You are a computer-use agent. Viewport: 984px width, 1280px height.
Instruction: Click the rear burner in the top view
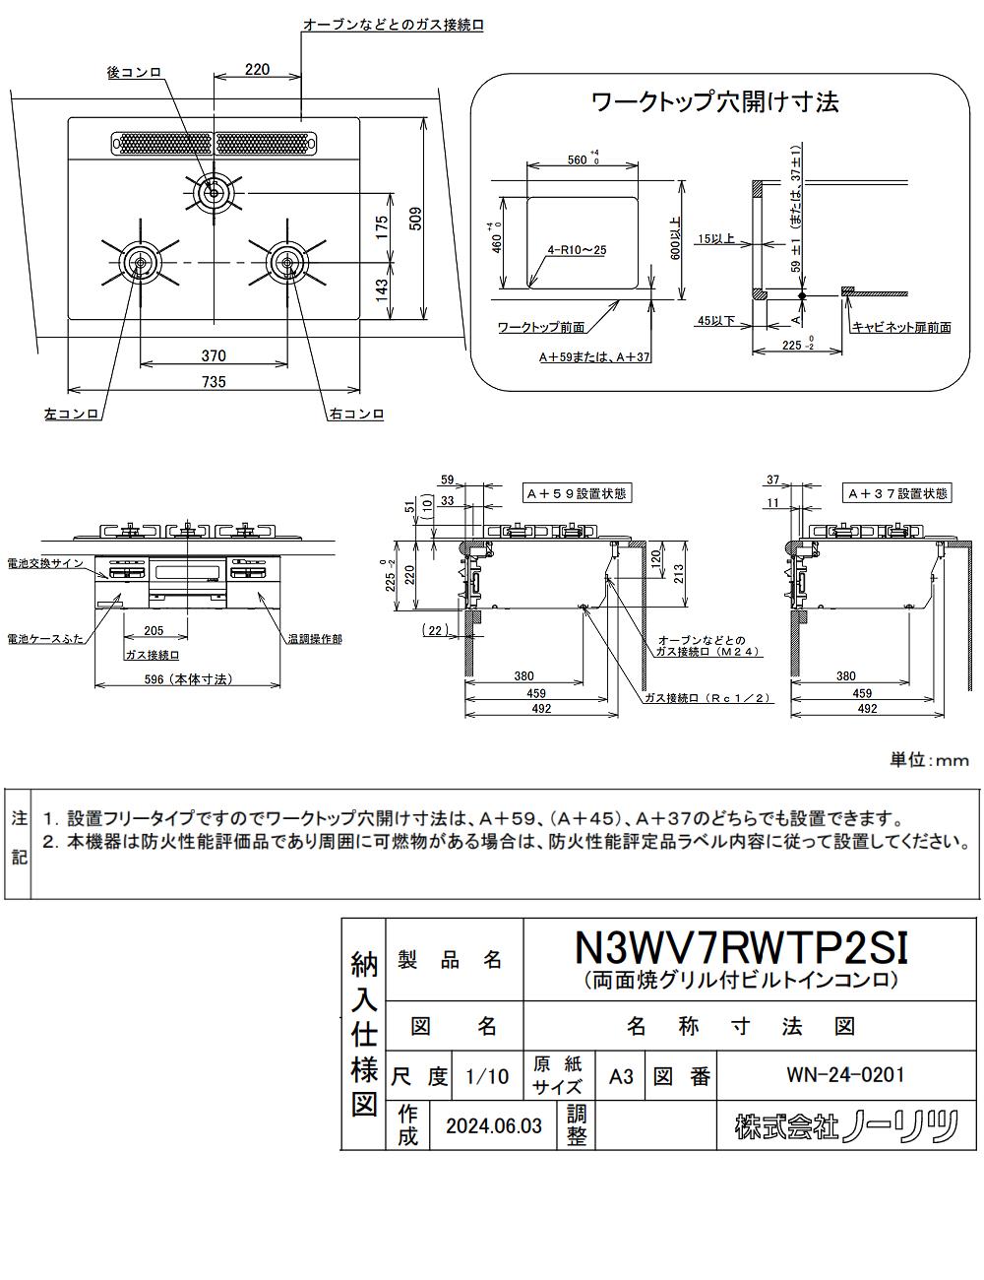coord(213,191)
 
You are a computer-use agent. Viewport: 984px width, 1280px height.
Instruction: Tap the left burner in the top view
coord(139,263)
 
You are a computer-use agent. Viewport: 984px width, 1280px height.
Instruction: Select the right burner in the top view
coord(286,261)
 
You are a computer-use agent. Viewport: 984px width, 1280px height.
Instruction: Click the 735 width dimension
coord(214,382)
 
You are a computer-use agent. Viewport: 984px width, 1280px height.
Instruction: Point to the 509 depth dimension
coord(415,218)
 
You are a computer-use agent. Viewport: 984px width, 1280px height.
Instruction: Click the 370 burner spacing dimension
coord(214,355)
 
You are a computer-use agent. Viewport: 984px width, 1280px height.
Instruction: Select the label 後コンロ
coord(135,72)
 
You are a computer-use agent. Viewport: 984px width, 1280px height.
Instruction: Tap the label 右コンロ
coord(356,415)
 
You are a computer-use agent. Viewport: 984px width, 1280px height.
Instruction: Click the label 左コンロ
coord(72,415)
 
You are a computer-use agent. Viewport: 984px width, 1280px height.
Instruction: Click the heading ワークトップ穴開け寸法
coord(715,101)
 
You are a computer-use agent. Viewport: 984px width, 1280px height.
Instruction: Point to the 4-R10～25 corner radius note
coord(578,250)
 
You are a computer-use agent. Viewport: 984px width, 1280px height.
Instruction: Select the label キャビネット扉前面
coord(901,327)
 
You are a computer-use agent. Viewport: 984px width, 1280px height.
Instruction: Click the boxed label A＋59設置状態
coord(576,493)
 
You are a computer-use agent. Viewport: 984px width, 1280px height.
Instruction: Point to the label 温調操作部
coord(316,638)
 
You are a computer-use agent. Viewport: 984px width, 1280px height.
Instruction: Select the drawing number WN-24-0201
coord(845,1074)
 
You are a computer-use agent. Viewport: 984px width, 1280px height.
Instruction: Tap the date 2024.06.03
coord(493,1125)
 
